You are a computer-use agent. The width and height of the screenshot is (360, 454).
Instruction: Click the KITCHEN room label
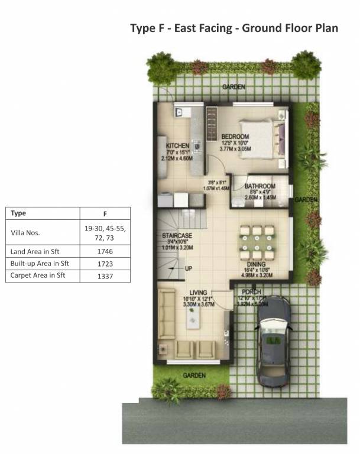[x=177, y=145]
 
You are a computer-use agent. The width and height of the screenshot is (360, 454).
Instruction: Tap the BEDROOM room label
[x=235, y=137]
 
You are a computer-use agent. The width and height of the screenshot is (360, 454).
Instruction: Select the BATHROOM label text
[x=260, y=185]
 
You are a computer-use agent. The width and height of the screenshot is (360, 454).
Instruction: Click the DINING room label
[x=256, y=265]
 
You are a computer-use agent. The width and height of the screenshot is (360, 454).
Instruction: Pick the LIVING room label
[x=198, y=292]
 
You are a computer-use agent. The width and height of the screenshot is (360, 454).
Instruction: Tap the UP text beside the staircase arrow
[x=189, y=268]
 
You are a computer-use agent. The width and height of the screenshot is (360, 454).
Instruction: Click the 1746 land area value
[x=105, y=251]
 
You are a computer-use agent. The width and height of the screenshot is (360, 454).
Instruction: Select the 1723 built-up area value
[x=105, y=263]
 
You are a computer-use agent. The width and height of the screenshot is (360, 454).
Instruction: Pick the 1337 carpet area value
[x=105, y=275]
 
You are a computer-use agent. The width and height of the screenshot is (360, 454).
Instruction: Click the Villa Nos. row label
[x=25, y=233]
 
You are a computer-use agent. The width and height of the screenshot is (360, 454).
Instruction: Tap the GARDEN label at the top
[x=233, y=87]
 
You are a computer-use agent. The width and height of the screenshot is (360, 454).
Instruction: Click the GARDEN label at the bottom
[x=194, y=375]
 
